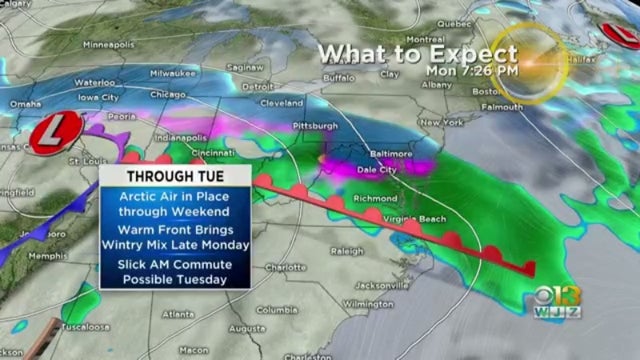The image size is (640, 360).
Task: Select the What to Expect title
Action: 418,54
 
